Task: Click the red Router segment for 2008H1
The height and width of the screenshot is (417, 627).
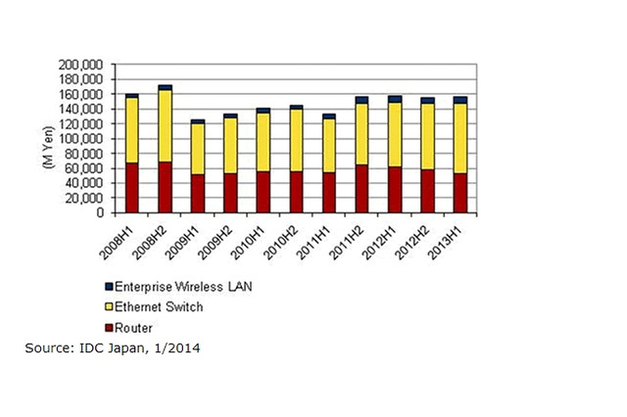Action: (131, 188)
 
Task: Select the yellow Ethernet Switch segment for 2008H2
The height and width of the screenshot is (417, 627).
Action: (165, 126)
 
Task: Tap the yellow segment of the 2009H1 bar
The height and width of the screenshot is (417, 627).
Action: (197, 149)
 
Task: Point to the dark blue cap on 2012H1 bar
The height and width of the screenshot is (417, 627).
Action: (394, 99)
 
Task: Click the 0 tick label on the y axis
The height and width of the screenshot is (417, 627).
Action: (104, 212)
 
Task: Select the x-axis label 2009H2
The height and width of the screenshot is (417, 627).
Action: (223, 237)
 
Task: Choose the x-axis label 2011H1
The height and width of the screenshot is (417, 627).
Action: (321, 237)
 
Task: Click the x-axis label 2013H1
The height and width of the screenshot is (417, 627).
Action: (453, 237)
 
